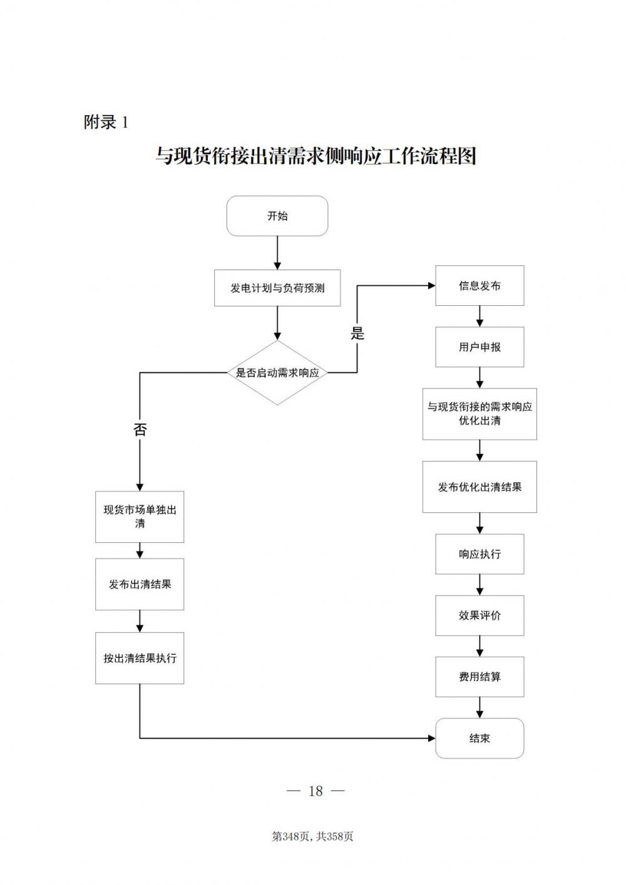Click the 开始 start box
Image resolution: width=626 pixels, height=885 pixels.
[x=277, y=216]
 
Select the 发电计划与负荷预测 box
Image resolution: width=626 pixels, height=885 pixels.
[x=277, y=288]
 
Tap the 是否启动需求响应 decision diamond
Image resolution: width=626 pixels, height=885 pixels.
[x=277, y=373]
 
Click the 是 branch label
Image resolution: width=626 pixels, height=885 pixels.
[x=357, y=333]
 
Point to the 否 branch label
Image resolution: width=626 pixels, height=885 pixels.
[x=140, y=429]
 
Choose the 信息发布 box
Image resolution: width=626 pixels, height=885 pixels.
[x=480, y=286]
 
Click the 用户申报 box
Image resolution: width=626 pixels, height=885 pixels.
[x=480, y=347]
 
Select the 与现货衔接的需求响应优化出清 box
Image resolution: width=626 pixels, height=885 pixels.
[x=480, y=413]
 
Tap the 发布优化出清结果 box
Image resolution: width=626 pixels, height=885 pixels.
[x=480, y=487]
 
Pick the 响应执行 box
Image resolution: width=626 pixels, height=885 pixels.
[x=480, y=554]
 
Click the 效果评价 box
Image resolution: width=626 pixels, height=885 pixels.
[x=480, y=615]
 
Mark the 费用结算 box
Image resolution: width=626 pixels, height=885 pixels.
[x=480, y=677]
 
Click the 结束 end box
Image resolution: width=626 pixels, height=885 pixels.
[x=480, y=739]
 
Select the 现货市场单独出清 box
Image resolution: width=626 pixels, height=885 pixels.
[x=140, y=517]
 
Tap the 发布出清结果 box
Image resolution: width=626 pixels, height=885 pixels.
[x=140, y=584]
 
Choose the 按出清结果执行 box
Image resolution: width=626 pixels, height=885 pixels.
[x=140, y=658]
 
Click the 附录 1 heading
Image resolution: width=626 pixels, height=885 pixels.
[x=106, y=122]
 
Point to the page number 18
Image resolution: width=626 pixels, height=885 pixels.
[x=316, y=791]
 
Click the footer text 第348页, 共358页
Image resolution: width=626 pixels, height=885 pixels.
[x=312, y=836]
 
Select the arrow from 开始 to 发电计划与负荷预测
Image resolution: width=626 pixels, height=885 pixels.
[x=277, y=253]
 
